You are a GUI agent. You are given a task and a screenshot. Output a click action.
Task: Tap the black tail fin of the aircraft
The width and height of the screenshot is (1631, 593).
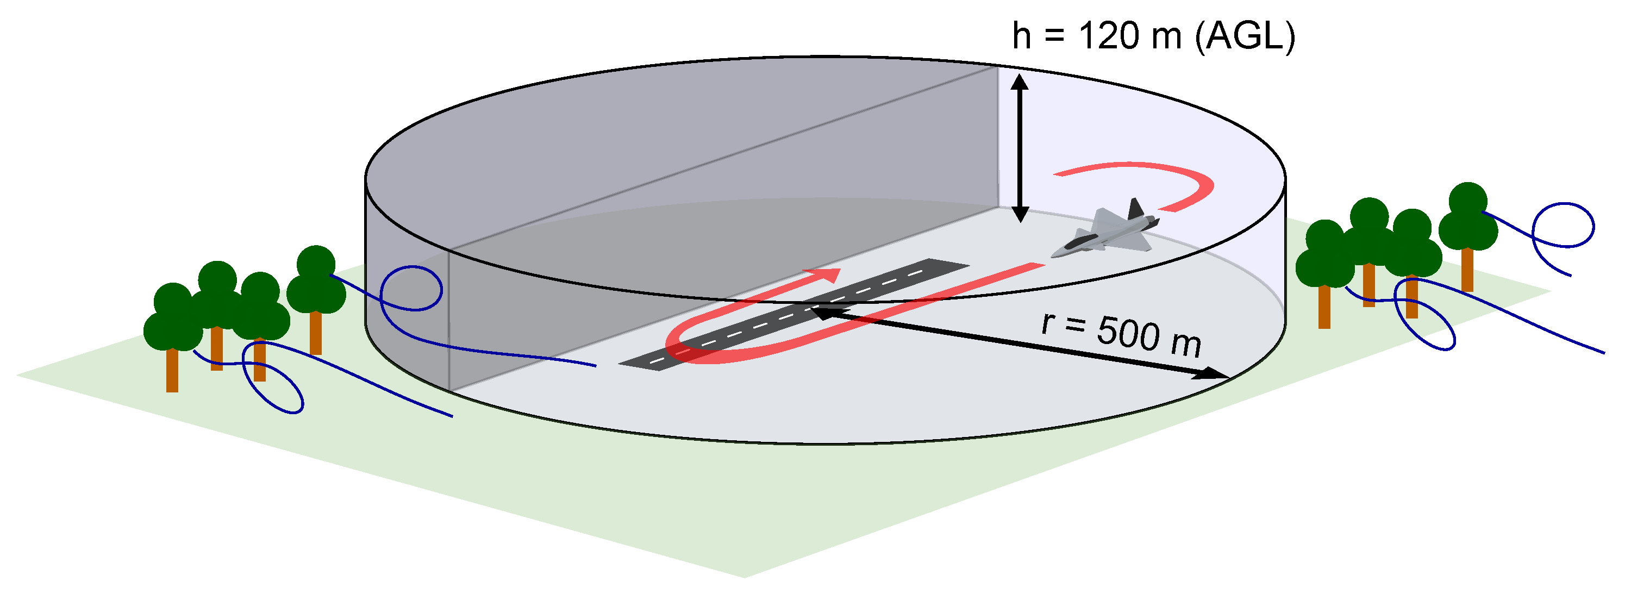[1135, 210]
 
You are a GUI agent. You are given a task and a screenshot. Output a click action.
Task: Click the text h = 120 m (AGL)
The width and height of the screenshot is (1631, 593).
[1153, 36]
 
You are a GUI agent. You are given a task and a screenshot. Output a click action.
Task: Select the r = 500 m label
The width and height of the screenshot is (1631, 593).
[1121, 333]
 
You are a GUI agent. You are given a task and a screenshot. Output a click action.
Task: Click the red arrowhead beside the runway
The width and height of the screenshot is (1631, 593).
[827, 274]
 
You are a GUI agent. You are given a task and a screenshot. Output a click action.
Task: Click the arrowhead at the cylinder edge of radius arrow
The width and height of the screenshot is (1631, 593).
[1209, 375]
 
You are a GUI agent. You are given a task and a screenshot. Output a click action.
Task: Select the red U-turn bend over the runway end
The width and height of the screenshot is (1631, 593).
[680, 347]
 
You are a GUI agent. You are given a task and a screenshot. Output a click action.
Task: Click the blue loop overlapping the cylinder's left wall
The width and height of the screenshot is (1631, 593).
[411, 288]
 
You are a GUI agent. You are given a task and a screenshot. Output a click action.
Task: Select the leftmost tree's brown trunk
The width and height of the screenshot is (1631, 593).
[172, 371]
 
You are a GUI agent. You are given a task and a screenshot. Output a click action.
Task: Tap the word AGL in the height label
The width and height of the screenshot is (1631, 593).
[1245, 36]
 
